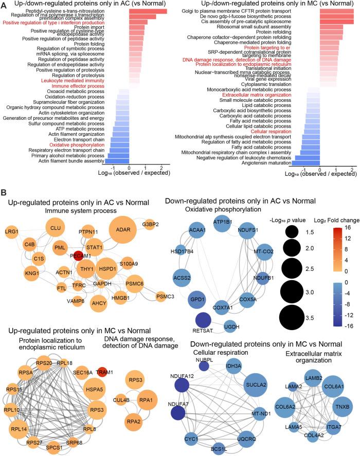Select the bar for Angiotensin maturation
click(305, 162)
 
